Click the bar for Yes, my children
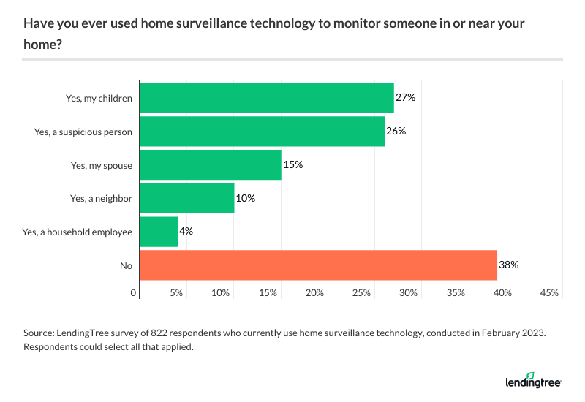266,98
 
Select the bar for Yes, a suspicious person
262,132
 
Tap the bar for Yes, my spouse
211,165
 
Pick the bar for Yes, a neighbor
186,198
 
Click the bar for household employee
159,232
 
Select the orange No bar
318,265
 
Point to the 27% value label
406,98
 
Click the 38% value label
509,265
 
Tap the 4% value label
186,232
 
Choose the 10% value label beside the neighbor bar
246,198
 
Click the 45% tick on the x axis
549,292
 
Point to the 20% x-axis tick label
315,292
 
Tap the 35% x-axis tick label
456,292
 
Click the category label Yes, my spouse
101,165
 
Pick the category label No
126,265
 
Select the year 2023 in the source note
533,333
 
